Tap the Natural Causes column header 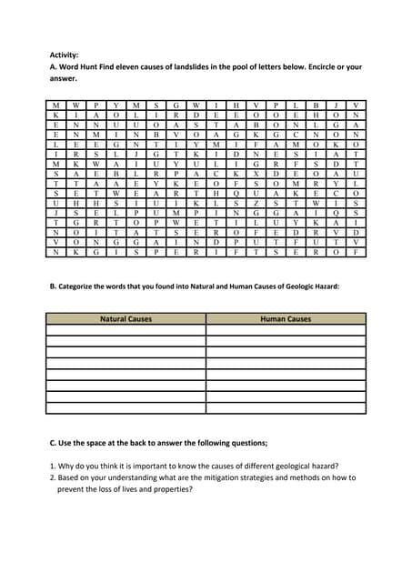(x=126, y=319)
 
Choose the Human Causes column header (x=286, y=319)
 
